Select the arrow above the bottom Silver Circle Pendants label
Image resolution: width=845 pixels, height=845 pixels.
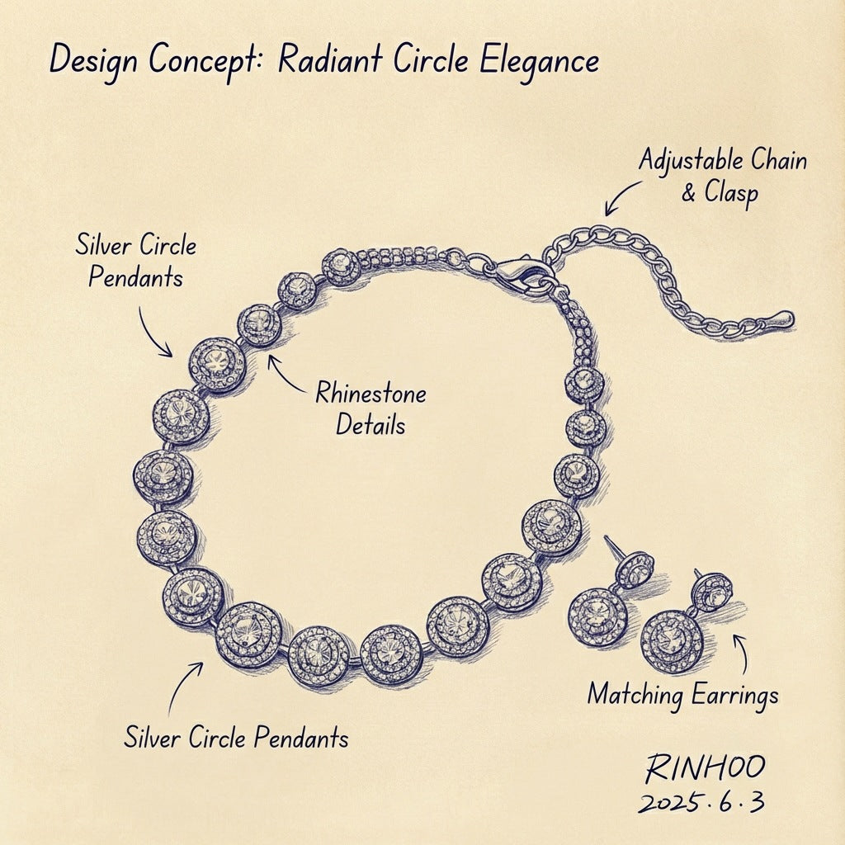[x=182, y=686]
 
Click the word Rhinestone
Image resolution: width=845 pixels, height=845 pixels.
[x=371, y=394]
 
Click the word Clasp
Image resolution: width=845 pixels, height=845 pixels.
[x=731, y=193]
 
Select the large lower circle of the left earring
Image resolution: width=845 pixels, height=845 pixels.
[x=597, y=617]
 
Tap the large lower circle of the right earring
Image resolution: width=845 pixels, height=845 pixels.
[x=673, y=641]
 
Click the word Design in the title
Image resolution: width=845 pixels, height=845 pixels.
[x=93, y=61]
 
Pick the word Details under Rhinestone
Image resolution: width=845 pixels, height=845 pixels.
[x=371, y=425]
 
